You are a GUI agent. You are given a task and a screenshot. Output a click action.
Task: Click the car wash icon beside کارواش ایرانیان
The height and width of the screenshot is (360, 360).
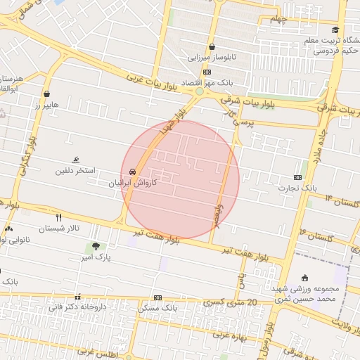tap(132, 172)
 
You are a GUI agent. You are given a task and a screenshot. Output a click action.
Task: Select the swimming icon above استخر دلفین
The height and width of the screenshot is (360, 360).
tap(76, 160)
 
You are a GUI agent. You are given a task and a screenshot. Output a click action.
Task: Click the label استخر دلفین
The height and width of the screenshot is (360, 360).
tap(76, 171)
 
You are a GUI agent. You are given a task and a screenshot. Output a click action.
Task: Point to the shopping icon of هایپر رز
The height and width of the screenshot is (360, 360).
tap(47, 94)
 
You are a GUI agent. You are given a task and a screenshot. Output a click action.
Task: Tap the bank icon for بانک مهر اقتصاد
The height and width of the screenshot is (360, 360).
tap(206, 72)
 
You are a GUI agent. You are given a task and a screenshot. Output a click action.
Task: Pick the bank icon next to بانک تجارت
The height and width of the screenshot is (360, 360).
tap(298, 178)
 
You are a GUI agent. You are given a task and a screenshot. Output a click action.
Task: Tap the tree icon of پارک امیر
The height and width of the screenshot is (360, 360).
tap(96, 246)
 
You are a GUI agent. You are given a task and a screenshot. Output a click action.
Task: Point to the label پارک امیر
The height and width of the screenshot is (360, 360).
tap(96, 257)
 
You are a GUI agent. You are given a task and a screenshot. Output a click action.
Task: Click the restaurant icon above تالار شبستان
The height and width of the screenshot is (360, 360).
tap(59, 218)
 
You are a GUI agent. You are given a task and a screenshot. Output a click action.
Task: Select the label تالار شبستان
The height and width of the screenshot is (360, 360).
tap(59, 229)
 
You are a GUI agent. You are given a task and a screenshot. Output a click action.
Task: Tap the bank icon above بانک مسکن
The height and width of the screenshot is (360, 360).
tap(157, 297)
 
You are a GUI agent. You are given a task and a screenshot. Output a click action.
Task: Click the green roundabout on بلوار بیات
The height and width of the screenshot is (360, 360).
tap(200, 91)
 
